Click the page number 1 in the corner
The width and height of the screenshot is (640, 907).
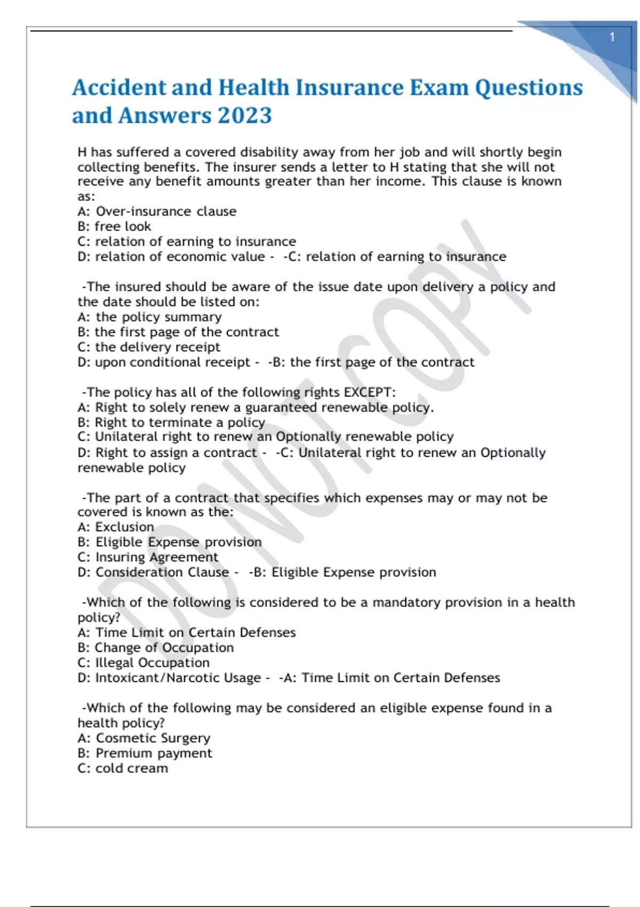[612, 37]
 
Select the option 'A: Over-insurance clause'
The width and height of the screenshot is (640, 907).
[157, 211]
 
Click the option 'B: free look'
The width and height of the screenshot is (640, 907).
[114, 226]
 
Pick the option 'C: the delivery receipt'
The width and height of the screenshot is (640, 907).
[149, 347]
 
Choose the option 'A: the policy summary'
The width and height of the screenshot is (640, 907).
[149, 317]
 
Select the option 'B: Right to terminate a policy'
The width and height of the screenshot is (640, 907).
[171, 423]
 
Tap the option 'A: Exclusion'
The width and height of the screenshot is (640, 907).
[116, 527]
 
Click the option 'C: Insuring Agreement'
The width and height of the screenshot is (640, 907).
[148, 557]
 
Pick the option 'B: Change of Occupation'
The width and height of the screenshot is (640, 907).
[156, 648]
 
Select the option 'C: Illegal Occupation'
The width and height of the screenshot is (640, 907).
[143, 663]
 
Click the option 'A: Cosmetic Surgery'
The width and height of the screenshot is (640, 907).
[144, 738]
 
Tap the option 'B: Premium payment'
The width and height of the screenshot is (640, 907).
[145, 753]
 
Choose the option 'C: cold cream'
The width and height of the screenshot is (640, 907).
[123, 768]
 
